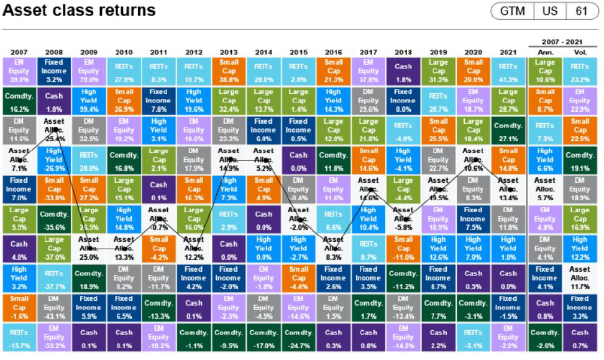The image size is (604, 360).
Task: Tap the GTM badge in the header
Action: pos(512,11)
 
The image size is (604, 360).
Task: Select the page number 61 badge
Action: pos(582,11)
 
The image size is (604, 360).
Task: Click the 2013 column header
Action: pos(229,51)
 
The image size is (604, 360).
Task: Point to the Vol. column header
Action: pos(579,52)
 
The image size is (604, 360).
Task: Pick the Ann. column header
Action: pos(545,52)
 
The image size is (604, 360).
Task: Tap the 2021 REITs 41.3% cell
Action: pos(508,71)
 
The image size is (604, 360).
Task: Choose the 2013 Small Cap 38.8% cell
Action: pos(229,71)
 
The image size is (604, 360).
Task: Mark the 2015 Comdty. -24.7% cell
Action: pos(298,338)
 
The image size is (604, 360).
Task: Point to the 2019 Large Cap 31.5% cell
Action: pos(438,71)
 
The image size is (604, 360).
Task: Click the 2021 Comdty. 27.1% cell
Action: pos(508,131)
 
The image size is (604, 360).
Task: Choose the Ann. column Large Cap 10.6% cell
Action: pos(545,71)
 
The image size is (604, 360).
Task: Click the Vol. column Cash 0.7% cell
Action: pos(579,338)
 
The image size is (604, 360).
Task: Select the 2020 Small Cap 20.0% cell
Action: pos(473,71)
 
